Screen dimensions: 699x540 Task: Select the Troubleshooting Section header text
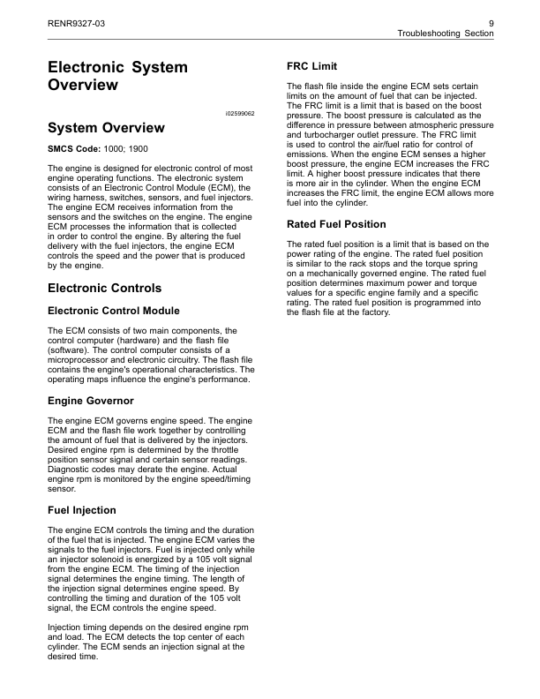click(x=446, y=33)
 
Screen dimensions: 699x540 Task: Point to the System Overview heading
click(x=105, y=128)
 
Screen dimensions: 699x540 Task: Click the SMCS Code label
click(x=73, y=148)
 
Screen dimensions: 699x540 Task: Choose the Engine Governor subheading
click(x=90, y=401)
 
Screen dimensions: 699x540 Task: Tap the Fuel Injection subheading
click(x=81, y=510)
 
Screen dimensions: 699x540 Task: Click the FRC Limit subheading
click(x=312, y=67)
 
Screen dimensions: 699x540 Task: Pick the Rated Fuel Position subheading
click(x=337, y=223)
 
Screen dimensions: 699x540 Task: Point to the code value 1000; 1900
click(x=126, y=148)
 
